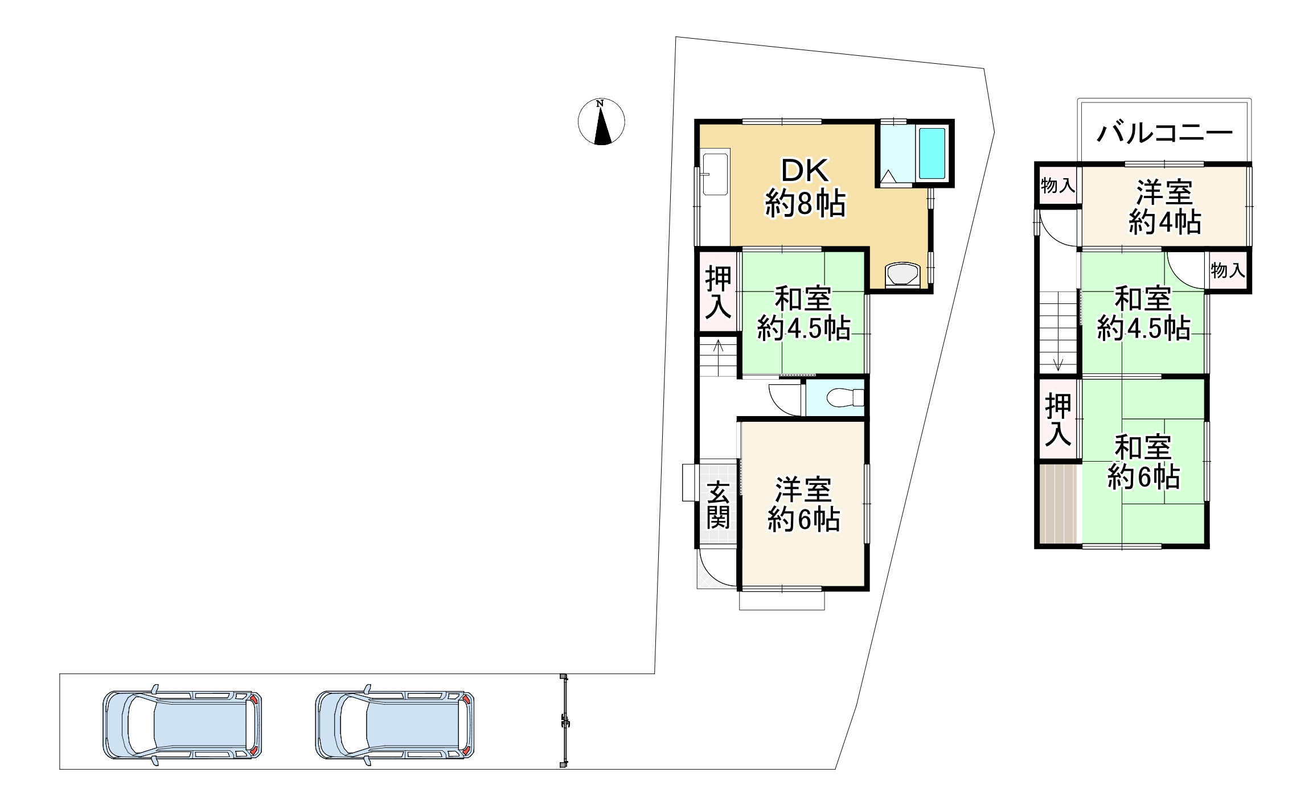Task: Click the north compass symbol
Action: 601,122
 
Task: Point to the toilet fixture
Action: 845,397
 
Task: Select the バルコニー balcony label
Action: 1164,133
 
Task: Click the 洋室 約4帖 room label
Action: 1165,207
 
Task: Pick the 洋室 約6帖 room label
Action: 803,504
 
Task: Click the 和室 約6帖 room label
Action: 1143,462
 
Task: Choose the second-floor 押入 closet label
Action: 1058,420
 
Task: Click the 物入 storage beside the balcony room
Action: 1058,186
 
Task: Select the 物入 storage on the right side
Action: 1228,270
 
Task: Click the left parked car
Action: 182,725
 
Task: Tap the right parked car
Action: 395,725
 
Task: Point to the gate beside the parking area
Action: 564,721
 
